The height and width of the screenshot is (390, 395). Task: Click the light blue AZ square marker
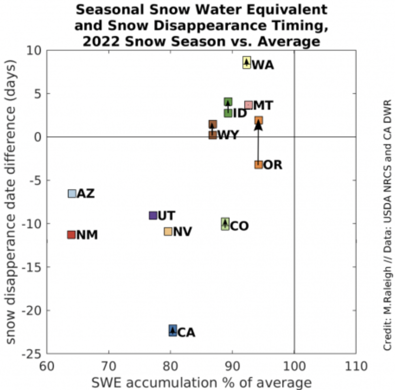click(x=72, y=194)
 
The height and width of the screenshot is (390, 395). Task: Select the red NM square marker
click(x=71, y=235)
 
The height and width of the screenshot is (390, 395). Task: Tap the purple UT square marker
click(x=153, y=215)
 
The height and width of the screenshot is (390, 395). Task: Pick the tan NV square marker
click(x=168, y=231)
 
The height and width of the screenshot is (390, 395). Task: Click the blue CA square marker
click(x=173, y=330)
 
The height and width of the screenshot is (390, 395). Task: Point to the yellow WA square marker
click(x=247, y=62)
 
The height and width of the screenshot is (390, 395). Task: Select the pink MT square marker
click(x=249, y=105)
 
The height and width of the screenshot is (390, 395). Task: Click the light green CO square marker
click(x=225, y=224)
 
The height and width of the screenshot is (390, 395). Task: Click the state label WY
click(x=228, y=135)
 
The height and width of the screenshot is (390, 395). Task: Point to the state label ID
click(x=240, y=113)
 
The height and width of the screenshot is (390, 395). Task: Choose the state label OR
click(x=273, y=165)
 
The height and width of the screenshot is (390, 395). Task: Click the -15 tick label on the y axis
click(x=32, y=267)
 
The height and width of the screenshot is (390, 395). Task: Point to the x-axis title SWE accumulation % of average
click(x=201, y=383)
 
